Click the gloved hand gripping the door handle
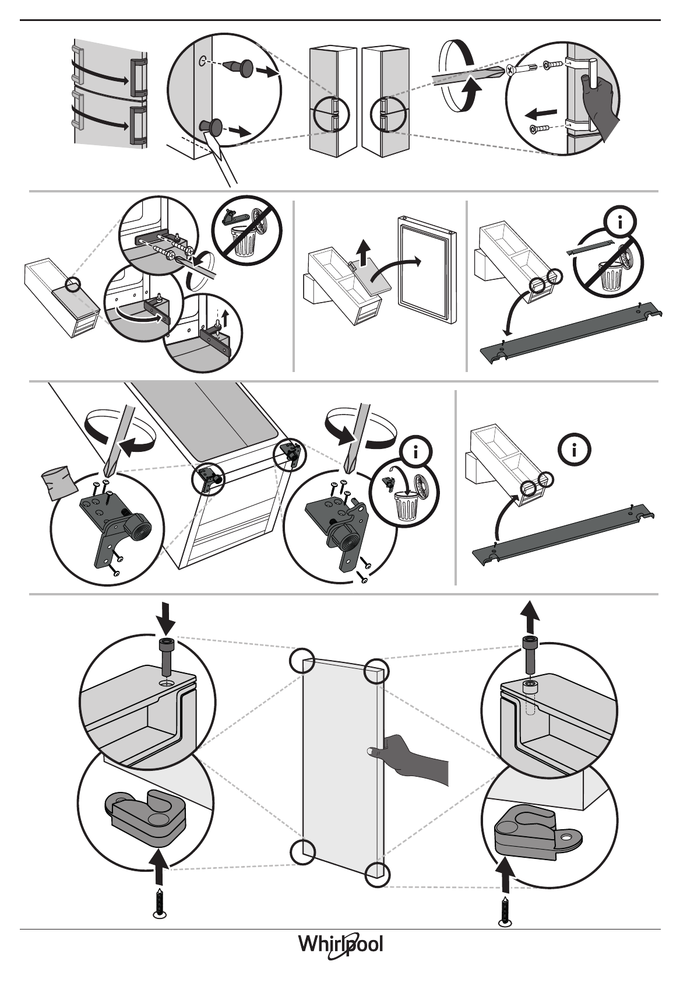(x=600, y=108)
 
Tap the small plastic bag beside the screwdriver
(x=59, y=482)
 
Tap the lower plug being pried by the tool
(x=212, y=126)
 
